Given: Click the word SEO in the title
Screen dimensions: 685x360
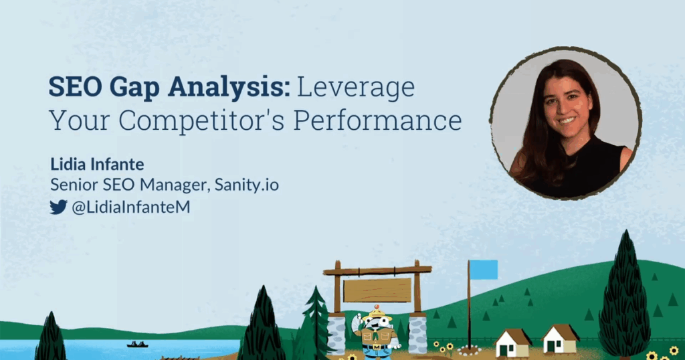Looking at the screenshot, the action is point(75,86).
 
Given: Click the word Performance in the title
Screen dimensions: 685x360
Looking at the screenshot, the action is point(377,120).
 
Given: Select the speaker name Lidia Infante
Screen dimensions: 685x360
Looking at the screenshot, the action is point(97,164).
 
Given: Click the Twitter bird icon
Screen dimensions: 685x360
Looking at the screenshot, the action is point(58,207).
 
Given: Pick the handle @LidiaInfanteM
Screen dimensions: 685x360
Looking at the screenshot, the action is point(131,207).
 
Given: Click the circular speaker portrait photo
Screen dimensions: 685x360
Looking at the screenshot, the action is point(565,124).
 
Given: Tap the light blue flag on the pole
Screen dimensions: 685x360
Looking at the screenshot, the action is point(484,270).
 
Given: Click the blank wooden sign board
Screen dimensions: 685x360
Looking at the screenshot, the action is point(377,290).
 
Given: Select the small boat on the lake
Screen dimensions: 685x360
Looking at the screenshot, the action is point(137,344).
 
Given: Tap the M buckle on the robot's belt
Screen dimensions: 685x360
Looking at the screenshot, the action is point(377,347).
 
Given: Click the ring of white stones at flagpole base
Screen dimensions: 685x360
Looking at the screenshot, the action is point(469,350).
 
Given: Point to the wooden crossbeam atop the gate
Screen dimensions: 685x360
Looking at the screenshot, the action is point(377,270).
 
